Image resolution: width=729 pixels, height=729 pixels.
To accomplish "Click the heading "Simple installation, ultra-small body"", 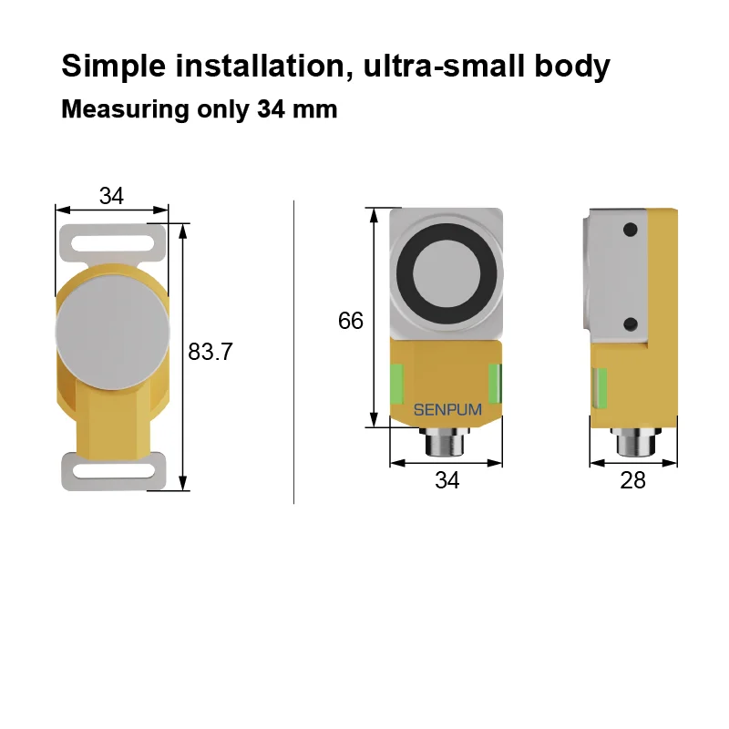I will tap(334, 67).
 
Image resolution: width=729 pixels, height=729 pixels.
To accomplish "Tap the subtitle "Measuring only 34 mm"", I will tap(199, 110).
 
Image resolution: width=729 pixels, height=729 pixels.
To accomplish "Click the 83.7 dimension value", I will tap(210, 352).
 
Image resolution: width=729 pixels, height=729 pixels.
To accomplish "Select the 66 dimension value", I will tap(350, 321).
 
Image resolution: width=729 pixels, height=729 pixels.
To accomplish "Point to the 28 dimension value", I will tap(632, 480).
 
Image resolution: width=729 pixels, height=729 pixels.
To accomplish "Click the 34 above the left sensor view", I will tap(111, 196).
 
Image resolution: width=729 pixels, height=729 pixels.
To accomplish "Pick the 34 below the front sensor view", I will tap(447, 480).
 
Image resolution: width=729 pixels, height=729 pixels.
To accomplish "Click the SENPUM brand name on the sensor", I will tap(447, 410).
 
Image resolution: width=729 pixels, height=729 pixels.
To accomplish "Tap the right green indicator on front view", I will tap(495, 382).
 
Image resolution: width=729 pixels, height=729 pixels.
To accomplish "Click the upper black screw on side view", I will tap(629, 229).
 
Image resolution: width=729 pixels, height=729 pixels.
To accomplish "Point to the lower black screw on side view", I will tap(629, 323).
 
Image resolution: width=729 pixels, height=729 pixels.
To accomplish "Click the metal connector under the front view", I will tap(447, 444).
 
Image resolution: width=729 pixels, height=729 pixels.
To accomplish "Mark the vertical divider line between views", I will tap(294, 351).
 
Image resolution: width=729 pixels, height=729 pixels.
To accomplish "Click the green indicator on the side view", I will tap(600, 386).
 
